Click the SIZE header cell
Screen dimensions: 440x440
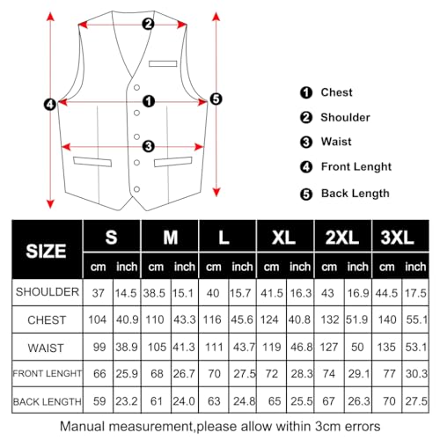coord(46,250)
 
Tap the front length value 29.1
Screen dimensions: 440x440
coord(357,374)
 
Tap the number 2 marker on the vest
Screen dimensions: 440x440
coord(147,24)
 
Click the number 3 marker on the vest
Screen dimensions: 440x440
coord(148,146)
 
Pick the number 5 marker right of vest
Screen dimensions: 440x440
coord(216,99)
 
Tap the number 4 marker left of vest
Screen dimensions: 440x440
coord(50,103)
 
